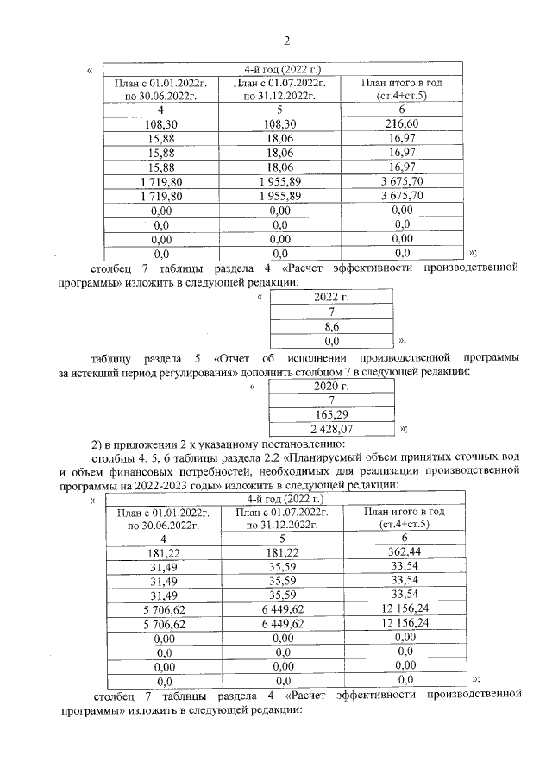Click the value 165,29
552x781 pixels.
point(331,413)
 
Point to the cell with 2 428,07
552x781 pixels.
point(331,428)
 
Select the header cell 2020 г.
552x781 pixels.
point(331,385)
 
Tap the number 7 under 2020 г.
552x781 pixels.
point(331,400)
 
